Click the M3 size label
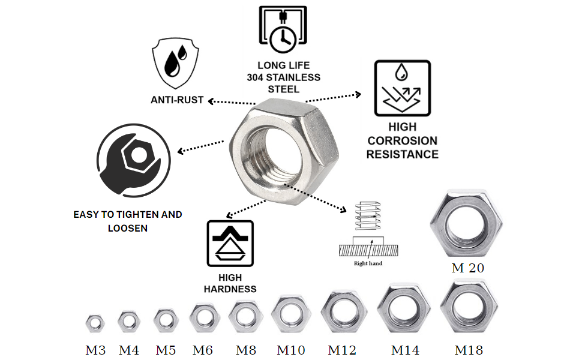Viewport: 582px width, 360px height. (95, 350)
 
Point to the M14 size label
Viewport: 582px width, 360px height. (405, 350)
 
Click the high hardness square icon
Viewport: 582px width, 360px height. (230, 243)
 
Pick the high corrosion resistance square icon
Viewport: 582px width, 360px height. (402, 88)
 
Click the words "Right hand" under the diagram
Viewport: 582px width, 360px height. (368, 263)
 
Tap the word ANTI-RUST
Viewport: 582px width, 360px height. (177, 100)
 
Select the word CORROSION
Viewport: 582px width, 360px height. (403, 140)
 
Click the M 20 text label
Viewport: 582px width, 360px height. (467, 268)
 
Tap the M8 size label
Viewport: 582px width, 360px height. (246, 350)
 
